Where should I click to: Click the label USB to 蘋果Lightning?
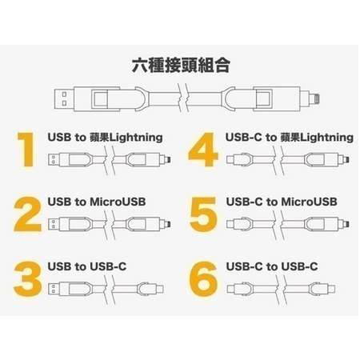point(105,137)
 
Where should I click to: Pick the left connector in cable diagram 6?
point(234,286)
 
